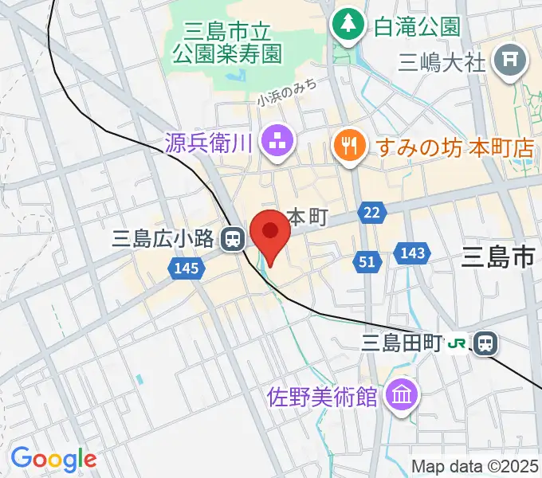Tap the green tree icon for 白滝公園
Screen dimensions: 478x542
coord(348,24)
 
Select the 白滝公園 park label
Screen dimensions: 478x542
coord(418,25)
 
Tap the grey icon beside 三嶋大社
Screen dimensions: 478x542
coord(508,61)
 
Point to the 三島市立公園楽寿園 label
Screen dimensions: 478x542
coord(227,43)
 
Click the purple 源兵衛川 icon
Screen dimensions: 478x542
coord(280,143)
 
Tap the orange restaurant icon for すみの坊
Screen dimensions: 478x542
coord(348,145)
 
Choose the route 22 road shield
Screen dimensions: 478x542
coord(372,211)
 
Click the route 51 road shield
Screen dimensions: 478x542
coord(366,262)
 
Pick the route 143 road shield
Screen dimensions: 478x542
coord(411,253)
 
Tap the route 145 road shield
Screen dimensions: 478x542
coord(185,269)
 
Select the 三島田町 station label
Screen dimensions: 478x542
coord(401,343)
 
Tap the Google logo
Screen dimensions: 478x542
coord(53,459)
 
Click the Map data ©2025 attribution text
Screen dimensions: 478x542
coord(475,466)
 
